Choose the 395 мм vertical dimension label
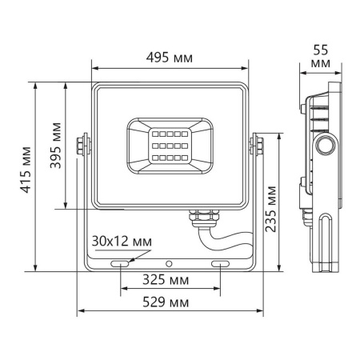pyautogui.click(x=54, y=146)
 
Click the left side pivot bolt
pyautogui.click(x=81, y=145)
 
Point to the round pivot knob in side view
pyautogui.click(x=325, y=145)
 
